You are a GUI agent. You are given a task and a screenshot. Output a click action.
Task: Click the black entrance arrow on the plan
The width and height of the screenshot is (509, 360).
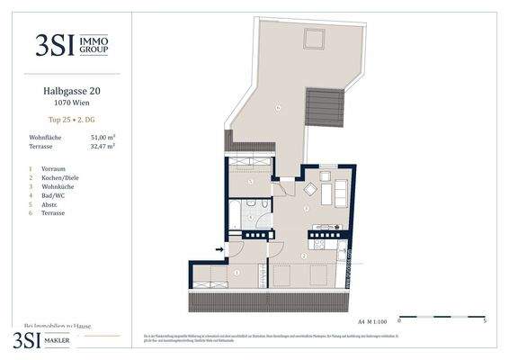(219, 249)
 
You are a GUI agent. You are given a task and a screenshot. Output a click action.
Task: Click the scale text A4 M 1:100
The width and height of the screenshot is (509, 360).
(375, 319)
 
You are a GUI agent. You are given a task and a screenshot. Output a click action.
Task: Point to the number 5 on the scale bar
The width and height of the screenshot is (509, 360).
(485, 319)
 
